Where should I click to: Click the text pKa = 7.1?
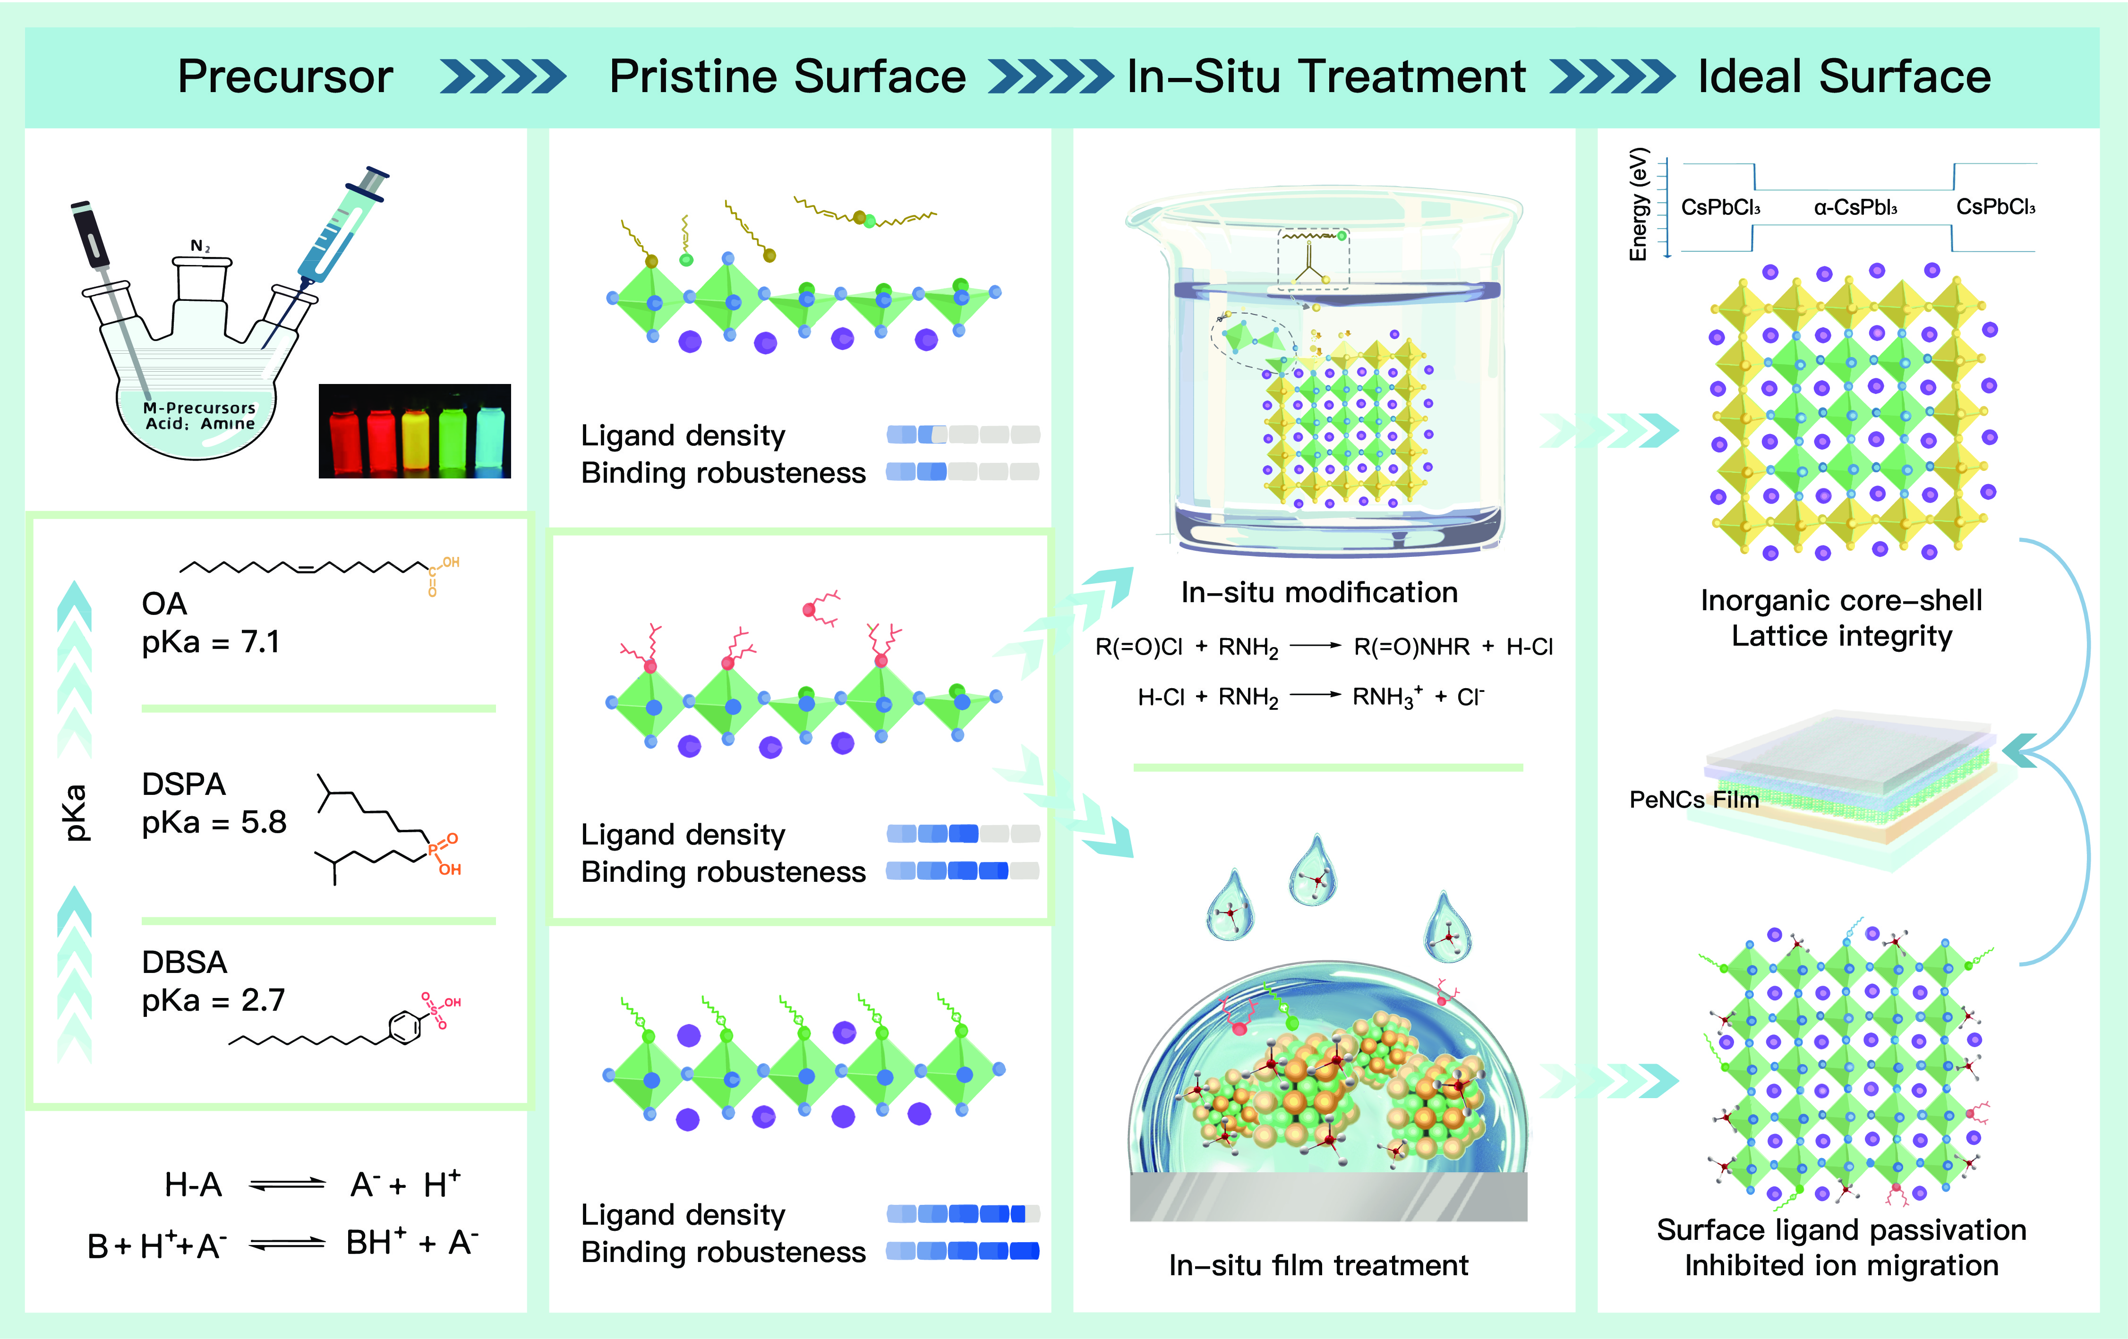tap(210, 642)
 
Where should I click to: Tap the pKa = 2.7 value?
tap(213, 999)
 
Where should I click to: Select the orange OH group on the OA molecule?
tap(451, 562)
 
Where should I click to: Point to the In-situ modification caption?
tap(1319, 592)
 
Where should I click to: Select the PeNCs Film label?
tap(1694, 800)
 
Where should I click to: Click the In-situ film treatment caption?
tap(1318, 1266)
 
